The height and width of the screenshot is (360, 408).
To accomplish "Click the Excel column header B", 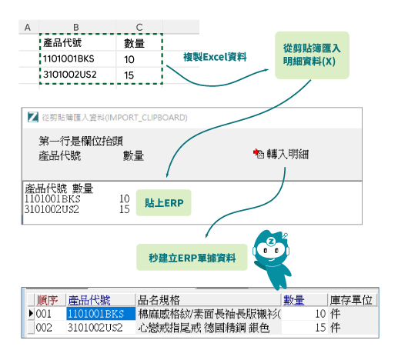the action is [76, 27].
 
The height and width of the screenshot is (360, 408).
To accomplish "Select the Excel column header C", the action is [139, 27].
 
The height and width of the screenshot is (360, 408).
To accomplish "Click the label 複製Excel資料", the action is [215, 57].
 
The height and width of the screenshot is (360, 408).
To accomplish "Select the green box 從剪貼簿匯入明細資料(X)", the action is [312, 55].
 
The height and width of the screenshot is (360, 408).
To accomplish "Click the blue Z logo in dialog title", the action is [33, 117].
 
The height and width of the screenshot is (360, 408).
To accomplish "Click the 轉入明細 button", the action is [281, 154].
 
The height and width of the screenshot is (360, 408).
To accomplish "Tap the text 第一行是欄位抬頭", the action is [81, 141].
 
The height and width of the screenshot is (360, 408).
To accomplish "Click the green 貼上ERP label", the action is [164, 203].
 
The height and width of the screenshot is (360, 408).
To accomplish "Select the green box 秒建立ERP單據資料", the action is [192, 258].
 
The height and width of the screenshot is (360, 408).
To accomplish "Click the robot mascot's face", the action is [271, 250].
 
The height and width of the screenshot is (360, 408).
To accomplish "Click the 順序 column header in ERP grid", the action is [47, 300].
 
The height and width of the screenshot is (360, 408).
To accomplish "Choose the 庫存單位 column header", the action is [351, 300].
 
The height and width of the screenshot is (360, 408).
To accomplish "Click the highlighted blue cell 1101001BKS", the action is [101, 314].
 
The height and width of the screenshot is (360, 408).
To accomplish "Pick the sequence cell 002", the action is [44, 328].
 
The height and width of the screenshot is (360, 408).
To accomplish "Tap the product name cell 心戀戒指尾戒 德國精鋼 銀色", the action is [204, 328].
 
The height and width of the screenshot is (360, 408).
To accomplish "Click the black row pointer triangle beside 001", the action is [31, 313].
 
